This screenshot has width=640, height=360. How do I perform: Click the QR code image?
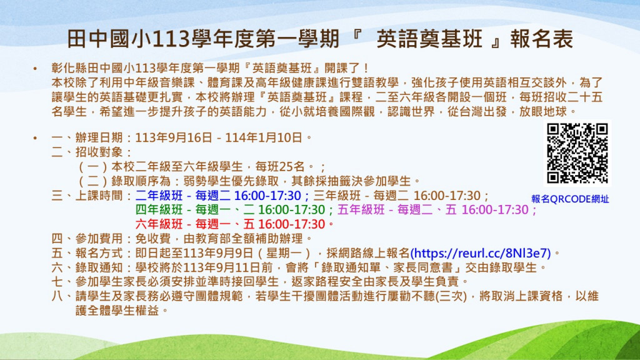[x=577, y=153]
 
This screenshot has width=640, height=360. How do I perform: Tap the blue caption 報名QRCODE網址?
[x=570, y=199]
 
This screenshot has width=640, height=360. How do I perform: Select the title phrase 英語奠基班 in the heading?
[x=429, y=39]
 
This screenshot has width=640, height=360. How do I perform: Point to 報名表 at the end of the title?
[x=541, y=39]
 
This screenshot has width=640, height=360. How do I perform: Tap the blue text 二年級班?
[x=159, y=196]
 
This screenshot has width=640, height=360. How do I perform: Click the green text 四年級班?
[x=159, y=210]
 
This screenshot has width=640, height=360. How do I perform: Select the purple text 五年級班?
[x=361, y=210]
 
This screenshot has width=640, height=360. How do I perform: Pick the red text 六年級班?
[x=159, y=224]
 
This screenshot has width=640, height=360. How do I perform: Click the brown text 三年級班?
[x=337, y=196]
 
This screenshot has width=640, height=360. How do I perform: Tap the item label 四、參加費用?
[x=87, y=238]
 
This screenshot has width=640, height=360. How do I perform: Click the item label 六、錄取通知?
[x=87, y=267]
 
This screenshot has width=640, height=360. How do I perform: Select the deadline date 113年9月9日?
[x=218, y=253]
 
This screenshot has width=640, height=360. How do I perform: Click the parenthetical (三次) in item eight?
[x=451, y=296]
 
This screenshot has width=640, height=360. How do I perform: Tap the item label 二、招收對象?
[x=87, y=152]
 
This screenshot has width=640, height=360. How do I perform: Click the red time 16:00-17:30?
[x=291, y=224]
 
